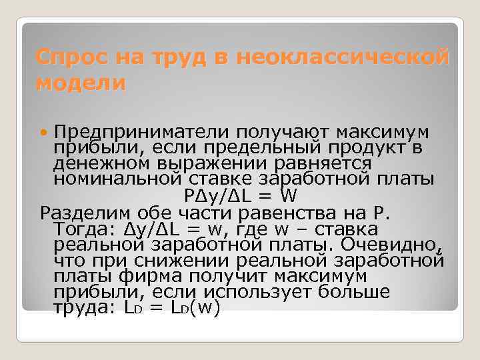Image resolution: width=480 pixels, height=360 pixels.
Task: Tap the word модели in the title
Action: click(81, 84)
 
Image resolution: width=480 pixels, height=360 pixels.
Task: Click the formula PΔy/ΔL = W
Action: click(238, 196)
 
